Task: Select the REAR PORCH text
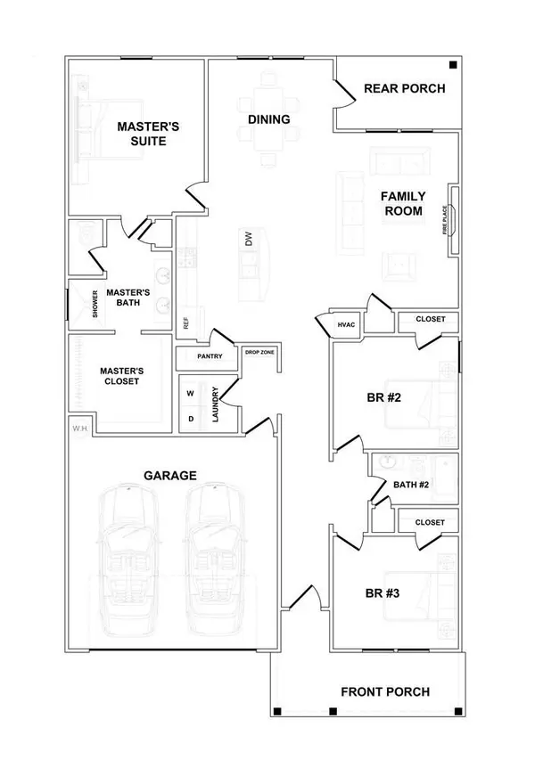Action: tap(405, 88)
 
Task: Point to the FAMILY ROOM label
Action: tap(403, 203)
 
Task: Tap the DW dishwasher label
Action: tap(250, 240)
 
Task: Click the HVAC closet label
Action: tap(347, 324)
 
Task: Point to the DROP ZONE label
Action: tap(259, 354)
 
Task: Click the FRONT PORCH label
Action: tap(385, 691)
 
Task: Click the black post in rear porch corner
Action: tap(453, 65)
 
